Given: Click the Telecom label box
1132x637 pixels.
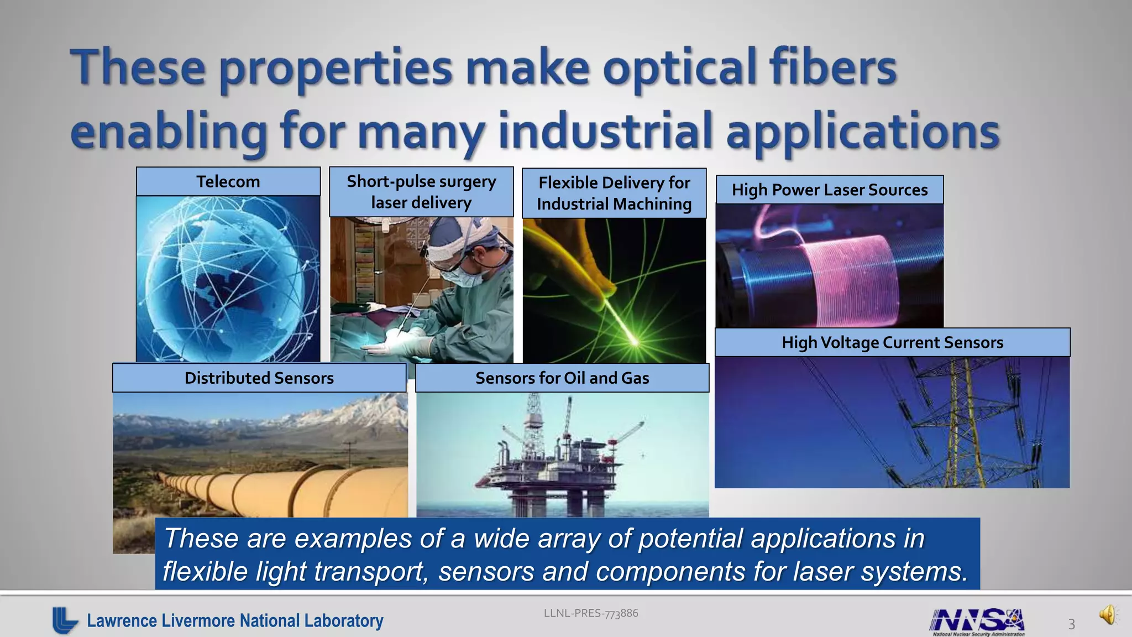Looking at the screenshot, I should tap(228, 181).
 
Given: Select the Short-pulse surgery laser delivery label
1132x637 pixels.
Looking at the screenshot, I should tap(421, 192).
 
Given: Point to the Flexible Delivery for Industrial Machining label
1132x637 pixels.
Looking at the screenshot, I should tap(614, 193).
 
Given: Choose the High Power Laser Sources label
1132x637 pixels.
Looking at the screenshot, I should tap(829, 190).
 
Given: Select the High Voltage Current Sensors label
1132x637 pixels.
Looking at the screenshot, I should tap(892, 342).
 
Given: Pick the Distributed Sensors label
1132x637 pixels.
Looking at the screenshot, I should tap(259, 378).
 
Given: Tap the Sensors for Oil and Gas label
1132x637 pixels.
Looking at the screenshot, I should tap(562, 378).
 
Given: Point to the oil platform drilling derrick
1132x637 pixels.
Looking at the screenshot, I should tap(534, 426).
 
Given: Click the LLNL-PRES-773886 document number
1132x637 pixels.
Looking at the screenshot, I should tap(590, 613).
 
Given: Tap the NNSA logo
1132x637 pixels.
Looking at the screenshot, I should tap(977, 620).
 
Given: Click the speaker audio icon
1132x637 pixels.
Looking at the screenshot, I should tap(1108, 614).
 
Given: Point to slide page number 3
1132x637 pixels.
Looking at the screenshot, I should tap(1071, 624).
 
